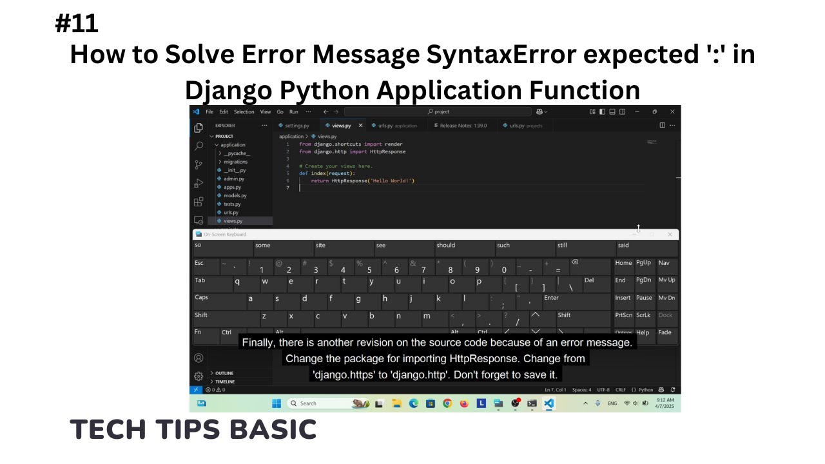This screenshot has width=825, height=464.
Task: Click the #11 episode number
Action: [77, 23]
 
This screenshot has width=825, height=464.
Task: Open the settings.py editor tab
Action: [296, 126]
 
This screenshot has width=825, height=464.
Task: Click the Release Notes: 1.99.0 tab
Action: [463, 126]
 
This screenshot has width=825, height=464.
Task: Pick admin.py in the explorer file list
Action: [233, 179]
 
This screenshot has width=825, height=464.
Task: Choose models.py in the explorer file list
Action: [235, 195]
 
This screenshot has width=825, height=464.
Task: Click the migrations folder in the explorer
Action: [235, 162]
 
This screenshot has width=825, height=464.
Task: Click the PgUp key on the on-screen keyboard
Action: [643, 263]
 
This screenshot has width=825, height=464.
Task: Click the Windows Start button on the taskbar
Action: [277, 403]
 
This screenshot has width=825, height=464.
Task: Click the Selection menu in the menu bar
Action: [244, 112]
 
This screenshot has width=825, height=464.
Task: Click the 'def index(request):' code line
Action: [327, 173]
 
